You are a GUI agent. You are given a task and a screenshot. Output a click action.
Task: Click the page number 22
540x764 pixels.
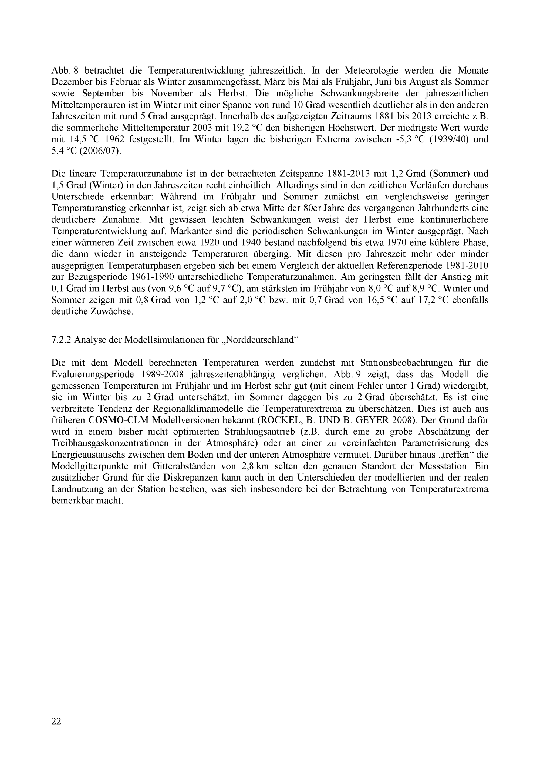click(56, 721)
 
